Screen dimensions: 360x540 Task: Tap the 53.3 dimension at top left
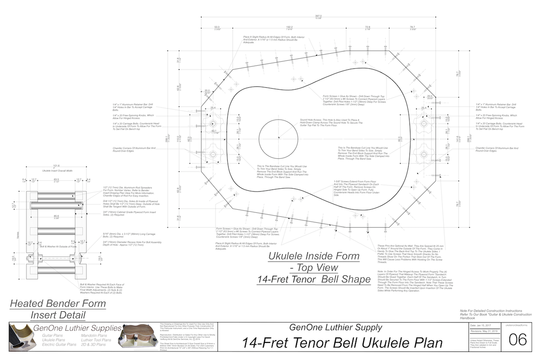217,27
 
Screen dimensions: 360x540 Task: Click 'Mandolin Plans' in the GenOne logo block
94,336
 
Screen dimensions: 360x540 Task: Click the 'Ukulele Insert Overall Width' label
57,171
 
